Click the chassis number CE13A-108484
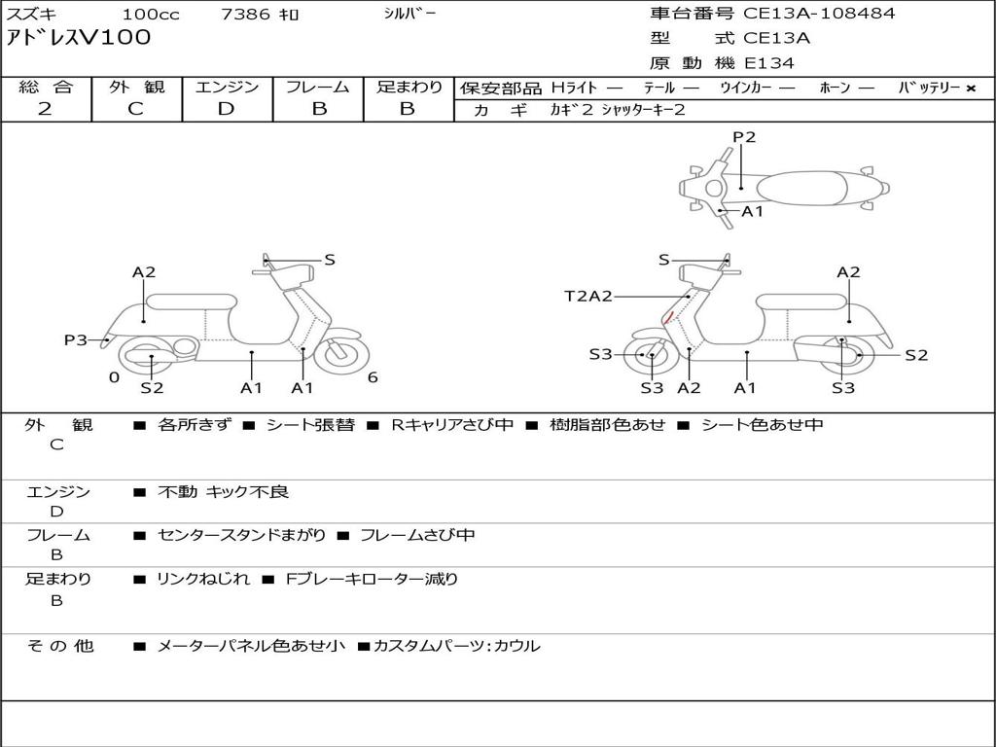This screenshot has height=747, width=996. (x=819, y=14)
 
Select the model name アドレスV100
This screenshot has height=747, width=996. (x=79, y=38)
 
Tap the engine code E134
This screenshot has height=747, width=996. (x=769, y=63)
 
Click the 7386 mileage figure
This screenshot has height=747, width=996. (x=245, y=14)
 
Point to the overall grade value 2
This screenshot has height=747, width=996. (x=45, y=109)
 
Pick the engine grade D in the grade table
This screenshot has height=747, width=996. (x=226, y=109)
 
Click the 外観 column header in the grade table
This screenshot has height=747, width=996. (x=136, y=87)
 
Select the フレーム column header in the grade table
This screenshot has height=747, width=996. (x=318, y=87)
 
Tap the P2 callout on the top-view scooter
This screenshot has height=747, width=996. (x=744, y=136)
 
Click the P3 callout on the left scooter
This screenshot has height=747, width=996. (x=76, y=339)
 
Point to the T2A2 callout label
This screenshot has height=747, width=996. (x=588, y=296)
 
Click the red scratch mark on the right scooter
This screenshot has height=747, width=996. (x=667, y=318)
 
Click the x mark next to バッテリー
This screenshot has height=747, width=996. (x=971, y=89)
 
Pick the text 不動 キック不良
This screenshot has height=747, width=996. (x=223, y=491)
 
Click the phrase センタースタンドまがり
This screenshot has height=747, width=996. (x=241, y=536)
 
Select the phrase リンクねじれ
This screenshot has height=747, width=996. (x=203, y=580)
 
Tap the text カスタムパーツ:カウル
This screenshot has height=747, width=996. (x=457, y=646)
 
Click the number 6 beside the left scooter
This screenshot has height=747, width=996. (x=373, y=377)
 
